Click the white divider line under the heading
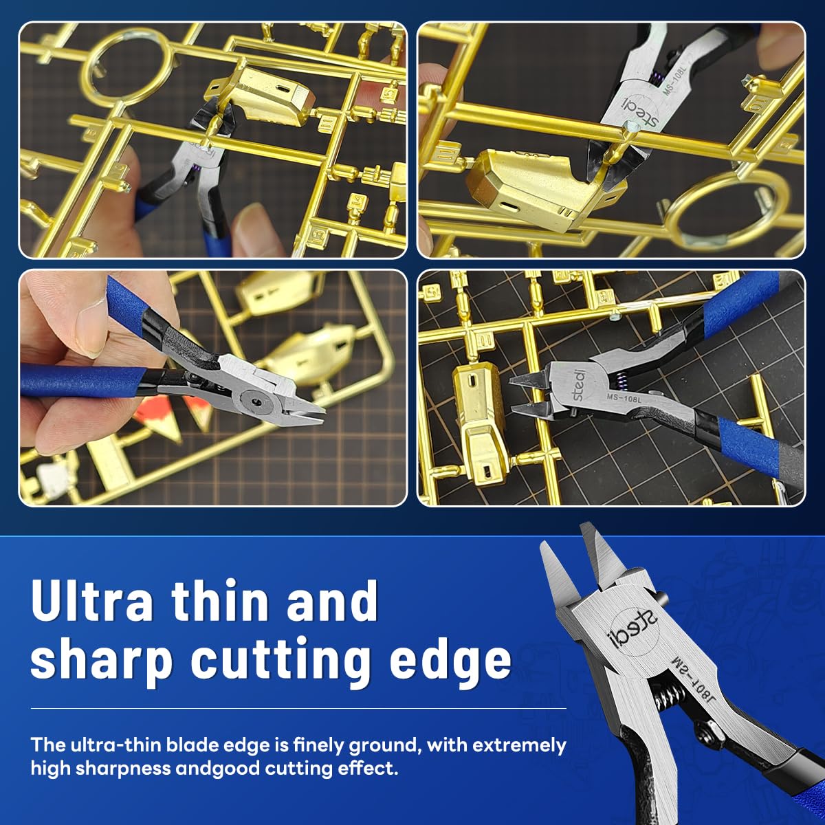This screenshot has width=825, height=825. pyautogui.click(x=298, y=709)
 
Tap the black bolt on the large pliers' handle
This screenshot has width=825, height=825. pyautogui.click(x=707, y=736)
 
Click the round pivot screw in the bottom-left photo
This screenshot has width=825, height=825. pyautogui.click(x=255, y=399)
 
